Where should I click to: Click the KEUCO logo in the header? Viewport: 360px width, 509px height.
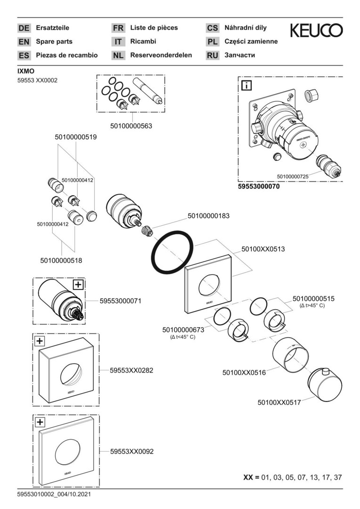(x=316, y=31)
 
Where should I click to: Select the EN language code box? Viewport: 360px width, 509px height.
(x=24, y=41)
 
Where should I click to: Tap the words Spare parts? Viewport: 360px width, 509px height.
(x=54, y=41)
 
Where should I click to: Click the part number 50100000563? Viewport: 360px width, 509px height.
(x=131, y=126)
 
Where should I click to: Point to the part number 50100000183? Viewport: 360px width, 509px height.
(x=208, y=216)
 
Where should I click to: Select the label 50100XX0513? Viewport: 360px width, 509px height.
(x=263, y=248)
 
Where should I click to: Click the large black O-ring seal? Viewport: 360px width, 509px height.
(x=172, y=252)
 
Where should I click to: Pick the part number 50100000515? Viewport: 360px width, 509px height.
(x=313, y=298)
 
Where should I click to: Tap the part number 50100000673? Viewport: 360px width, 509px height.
(x=183, y=329)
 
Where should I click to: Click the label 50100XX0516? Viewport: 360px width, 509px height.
(x=244, y=372)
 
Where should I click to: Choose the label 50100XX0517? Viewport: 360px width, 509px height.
(x=279, y=402)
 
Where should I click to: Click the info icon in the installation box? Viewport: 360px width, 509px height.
(x=246, y=85)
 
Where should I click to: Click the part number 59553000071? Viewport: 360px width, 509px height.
(x=121, y=300)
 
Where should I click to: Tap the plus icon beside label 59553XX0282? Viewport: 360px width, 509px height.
(x=40, y=340)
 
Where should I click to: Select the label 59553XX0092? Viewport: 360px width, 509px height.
(x=132, y=451)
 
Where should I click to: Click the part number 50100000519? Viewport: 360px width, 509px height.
(x=76, y=138)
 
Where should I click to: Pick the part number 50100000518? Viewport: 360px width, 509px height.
(x=61, y=260)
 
